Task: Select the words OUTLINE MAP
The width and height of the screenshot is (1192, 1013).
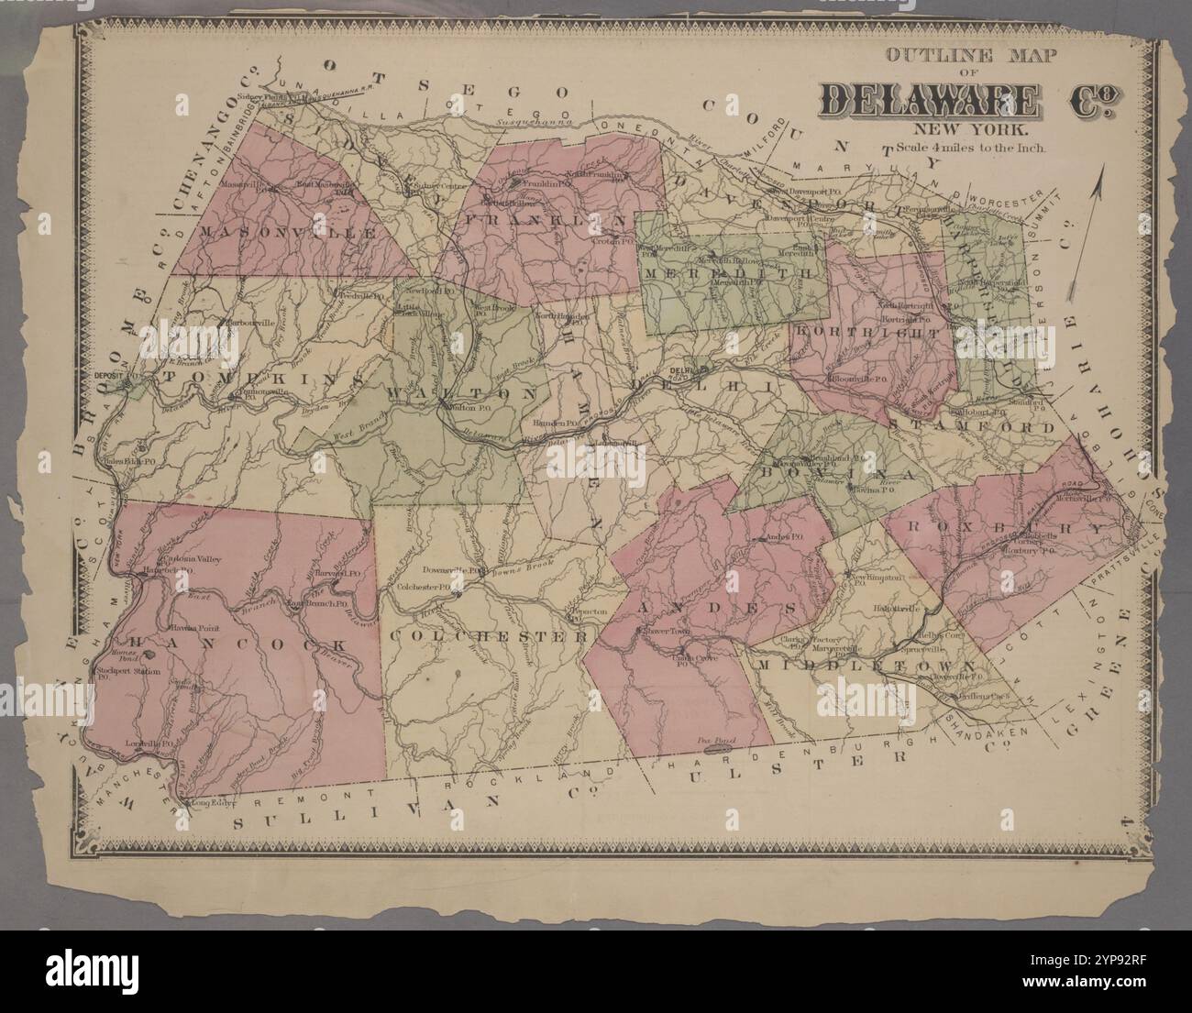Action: click(970, 56)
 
